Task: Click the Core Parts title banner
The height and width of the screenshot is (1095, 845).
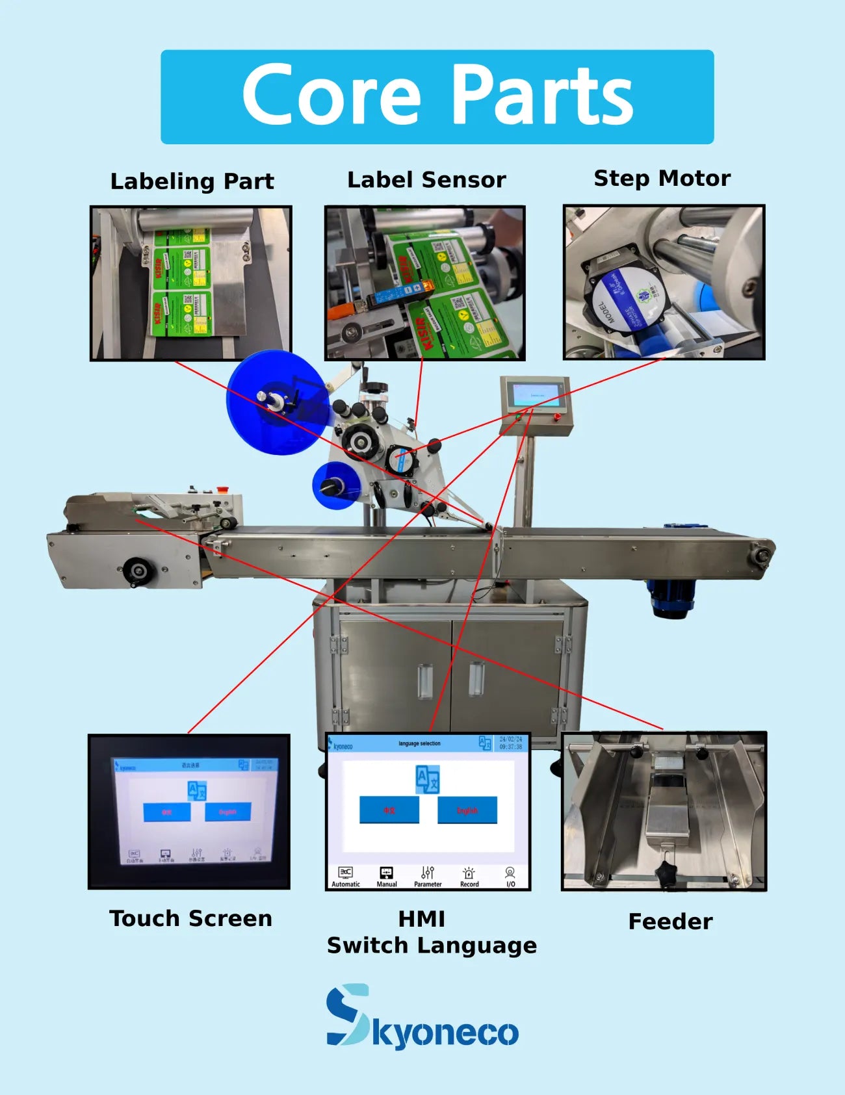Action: point(437,97)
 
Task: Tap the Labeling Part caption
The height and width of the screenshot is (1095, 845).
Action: point(192,181)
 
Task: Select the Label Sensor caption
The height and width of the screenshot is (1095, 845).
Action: point(426,180)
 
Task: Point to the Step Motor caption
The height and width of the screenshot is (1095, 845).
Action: point(662,178)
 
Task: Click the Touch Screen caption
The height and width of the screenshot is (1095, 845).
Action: point(190,918)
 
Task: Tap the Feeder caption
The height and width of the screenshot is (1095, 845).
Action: point(670,921)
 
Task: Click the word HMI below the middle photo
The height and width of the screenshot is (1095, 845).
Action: point(421,919)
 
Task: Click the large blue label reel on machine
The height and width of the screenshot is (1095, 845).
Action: point(276,402)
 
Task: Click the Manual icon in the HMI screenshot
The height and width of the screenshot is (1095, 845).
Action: point(386,875)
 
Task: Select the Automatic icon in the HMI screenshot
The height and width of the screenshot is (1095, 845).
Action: point(345,875)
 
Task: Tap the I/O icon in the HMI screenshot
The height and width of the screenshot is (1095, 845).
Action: point(510,875)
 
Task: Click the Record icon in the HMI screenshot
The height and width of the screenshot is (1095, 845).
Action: point(469,875)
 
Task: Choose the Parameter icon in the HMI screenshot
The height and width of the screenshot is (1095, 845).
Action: point(427,875)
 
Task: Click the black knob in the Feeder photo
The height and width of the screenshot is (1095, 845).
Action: point(665,871)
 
